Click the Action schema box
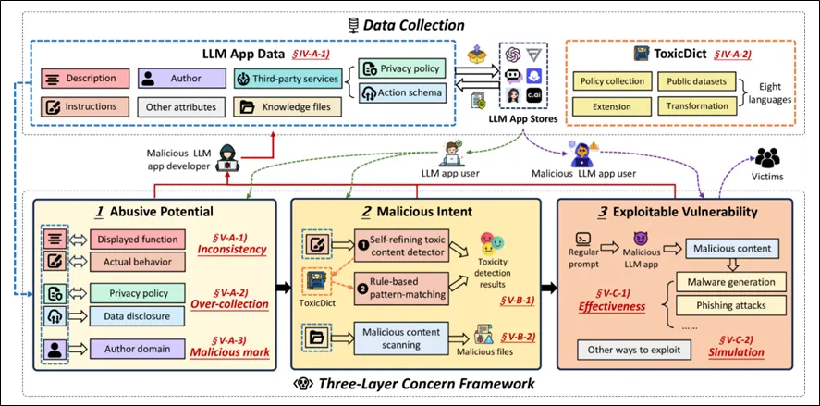[x=402, y=92]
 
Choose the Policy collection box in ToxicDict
[x=612, y=80]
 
